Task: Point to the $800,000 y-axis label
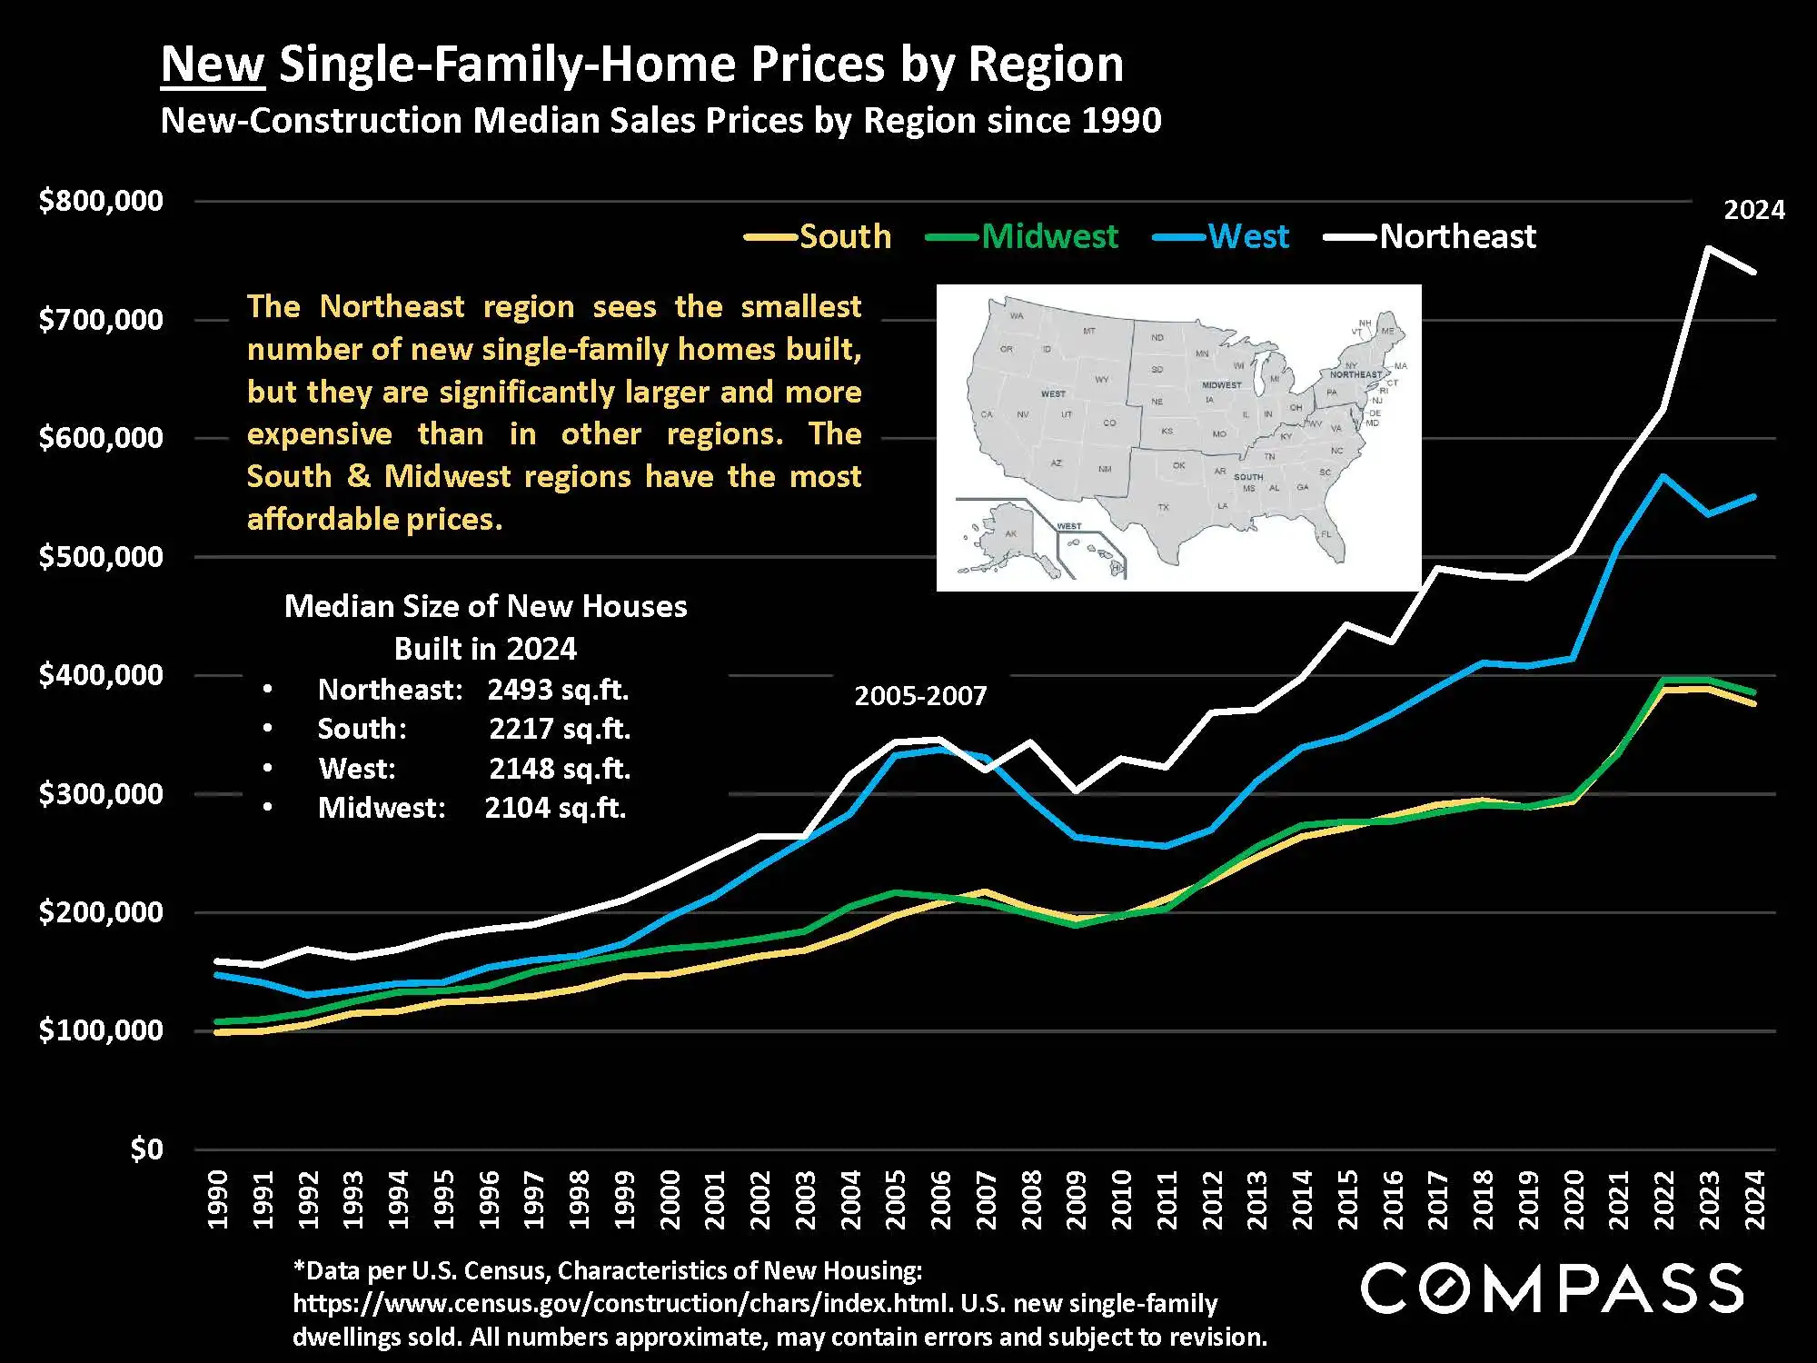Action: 101,201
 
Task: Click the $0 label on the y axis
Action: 146,1149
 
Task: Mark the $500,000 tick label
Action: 101,556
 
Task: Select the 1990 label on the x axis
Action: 218,1199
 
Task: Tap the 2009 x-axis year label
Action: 1077,1199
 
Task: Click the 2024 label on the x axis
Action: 1755,1199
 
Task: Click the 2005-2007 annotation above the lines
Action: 920,696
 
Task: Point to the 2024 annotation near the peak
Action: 1753,210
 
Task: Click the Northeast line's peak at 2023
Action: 1709,248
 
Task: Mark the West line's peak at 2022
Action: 1663,476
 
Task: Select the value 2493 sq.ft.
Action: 558,690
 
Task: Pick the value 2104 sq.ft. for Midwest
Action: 555,808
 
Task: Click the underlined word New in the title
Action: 213,65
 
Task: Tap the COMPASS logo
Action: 1552,1288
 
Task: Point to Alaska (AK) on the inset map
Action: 1010,534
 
